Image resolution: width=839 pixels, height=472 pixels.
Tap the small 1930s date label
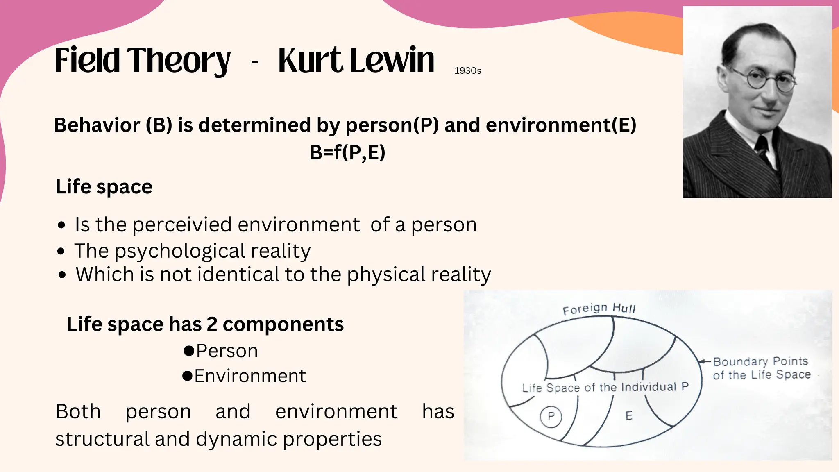(x=467, y=71)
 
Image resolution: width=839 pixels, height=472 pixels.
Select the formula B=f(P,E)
(x=347, y=153)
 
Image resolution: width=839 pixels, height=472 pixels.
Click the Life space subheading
(x=104, y=187)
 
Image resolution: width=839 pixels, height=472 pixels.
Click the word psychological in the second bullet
(x=179, y=251)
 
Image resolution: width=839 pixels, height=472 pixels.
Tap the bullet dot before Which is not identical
(x=62, y=275)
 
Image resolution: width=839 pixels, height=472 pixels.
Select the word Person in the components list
(x=227, y=351)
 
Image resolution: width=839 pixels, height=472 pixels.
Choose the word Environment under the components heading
(x=250, y=376)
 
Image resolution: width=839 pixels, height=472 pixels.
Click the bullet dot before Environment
(x=187, y=376)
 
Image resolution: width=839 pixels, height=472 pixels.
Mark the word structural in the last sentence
(x=102, y=439)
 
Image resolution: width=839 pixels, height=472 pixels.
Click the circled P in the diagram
(x=551, y=416)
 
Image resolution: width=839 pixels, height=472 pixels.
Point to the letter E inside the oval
(x=629, y=416)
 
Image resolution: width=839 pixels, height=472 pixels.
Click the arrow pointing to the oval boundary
(x=705, y=361)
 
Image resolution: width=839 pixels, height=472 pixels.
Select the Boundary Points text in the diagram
(x=760, y=361)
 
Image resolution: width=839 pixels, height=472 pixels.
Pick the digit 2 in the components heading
(x=212, y=324)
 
